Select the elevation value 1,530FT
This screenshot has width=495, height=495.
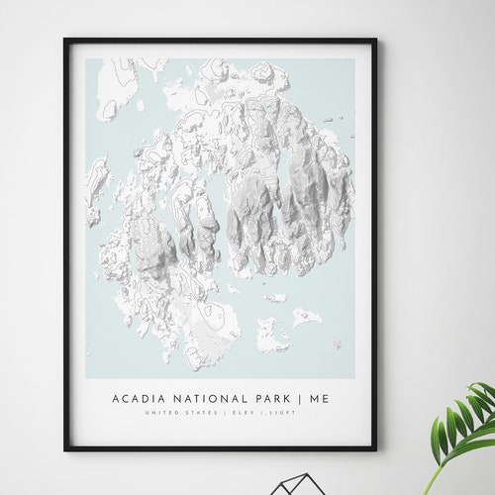pyautogui.click(x=276, y=412)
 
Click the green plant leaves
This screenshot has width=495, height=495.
pyautogui.click(x=465, y=421)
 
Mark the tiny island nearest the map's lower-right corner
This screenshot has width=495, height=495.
pyautogui.click(x=337, y=344)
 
